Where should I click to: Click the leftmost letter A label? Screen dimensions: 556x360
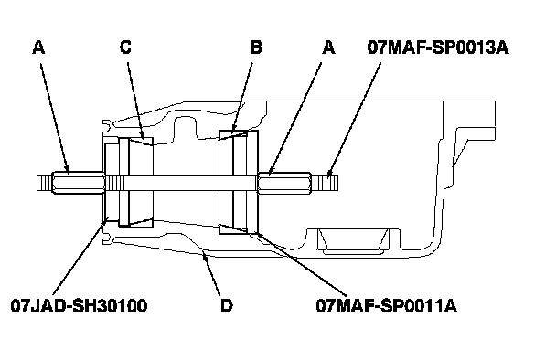(38, 48)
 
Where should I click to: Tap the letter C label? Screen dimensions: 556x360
(125, 48)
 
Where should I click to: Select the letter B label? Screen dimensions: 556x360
(256, 48)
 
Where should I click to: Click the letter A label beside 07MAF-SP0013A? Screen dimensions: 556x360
(328, 48)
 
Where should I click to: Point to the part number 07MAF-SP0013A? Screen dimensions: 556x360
(438, 48)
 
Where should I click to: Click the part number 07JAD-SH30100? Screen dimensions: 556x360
(79, 305)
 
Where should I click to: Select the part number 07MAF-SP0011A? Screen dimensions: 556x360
(387, 305)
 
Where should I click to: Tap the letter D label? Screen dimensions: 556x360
(227, 305)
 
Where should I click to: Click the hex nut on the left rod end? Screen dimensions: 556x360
(79, 183)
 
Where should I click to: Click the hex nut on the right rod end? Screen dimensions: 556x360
(284, 183)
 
